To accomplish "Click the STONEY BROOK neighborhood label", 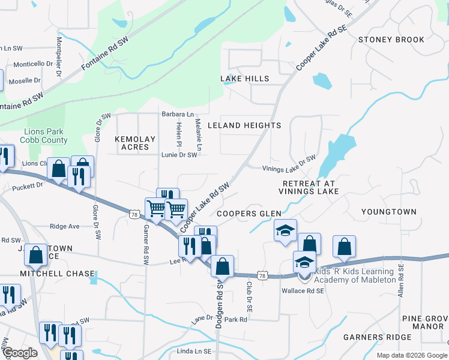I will coord(391,40).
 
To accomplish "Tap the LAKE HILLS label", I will coord(244,79).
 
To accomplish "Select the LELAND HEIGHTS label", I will coord(244,125).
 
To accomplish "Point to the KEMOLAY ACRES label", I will coord(135,143).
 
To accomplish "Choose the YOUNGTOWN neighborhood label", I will coord(388,212).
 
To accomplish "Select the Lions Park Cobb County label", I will coord(46,136).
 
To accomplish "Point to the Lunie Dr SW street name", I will coord(179,155).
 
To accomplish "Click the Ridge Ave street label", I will coord(64,227).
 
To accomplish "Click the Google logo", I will coord(19,353).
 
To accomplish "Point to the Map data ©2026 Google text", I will coord(412,355).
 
